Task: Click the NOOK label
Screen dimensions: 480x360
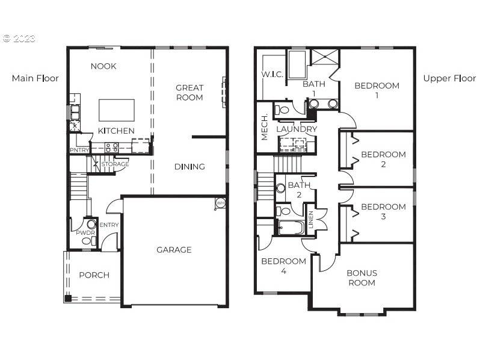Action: coord(103,66)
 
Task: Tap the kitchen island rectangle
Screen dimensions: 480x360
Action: coord(117,110)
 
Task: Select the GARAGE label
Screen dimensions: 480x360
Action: coord(174,250)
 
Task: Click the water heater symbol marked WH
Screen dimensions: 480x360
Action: coord(220,203)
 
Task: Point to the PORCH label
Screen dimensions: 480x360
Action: coord(94,275)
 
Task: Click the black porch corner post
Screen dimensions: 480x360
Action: coord(68,299)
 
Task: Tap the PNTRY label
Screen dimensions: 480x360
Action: coord(79,150)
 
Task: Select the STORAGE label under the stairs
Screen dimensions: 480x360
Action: coord(115,164)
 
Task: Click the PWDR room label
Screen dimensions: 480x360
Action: coord(85,233)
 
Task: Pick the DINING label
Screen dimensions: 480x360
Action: coord(189,167)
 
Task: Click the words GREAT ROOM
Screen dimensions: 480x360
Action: coord(189,93)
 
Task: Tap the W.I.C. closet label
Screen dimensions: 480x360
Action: coord(272,75)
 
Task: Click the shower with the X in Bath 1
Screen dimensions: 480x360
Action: coord(325,57)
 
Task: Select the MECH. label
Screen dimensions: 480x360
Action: coord(265,127)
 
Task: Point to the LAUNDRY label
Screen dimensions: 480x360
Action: coord(297,129)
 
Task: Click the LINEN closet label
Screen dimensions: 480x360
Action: coord(311,219)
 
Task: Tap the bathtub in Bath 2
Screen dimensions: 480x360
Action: coord(291,228)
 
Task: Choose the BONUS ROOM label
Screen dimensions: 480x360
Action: coord(362,278)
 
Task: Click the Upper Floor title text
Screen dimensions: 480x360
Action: coord(449,78)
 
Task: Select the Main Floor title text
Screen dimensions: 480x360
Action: coord(35,78)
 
